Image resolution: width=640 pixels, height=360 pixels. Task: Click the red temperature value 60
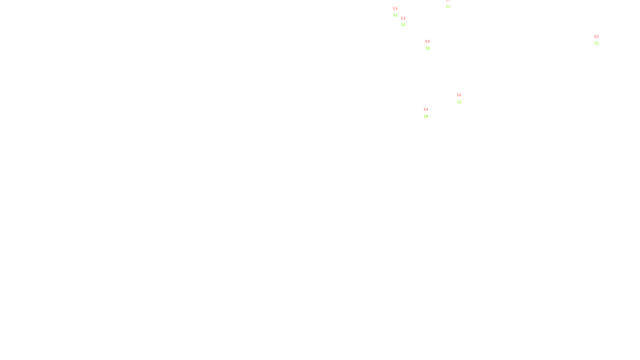point(428,42)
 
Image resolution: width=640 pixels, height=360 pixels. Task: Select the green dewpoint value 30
point(428,48)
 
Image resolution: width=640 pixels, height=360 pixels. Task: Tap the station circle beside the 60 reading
point(432,45)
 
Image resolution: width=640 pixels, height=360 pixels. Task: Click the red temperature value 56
point(459,95)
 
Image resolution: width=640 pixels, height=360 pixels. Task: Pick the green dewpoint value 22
point(459,102)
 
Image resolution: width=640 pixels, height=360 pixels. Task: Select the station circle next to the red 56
point(463,98)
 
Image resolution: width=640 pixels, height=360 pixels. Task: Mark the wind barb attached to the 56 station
point(456,101)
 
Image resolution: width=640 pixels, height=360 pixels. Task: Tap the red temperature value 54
point(426,110)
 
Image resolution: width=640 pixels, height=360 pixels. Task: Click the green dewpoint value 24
point(426,116)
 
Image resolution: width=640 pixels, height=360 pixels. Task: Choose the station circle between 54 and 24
point(430,113)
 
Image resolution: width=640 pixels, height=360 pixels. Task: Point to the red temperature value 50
point(596,37)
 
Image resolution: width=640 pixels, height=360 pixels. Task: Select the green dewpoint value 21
point(596,43)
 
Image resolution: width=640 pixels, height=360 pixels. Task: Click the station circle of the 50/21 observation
point(600,40)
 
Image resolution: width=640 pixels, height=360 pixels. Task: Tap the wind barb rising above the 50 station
point(599,34)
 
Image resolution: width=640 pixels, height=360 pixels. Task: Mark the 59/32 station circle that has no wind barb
point(399,12)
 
